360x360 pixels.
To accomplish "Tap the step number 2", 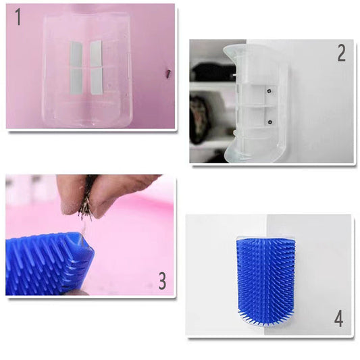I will coord(341,53).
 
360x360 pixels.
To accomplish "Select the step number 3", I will coord(162,280).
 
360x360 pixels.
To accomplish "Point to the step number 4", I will coord(338,318).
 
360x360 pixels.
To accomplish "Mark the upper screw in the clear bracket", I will coord(269,91).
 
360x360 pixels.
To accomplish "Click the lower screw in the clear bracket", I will coord(269,122).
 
